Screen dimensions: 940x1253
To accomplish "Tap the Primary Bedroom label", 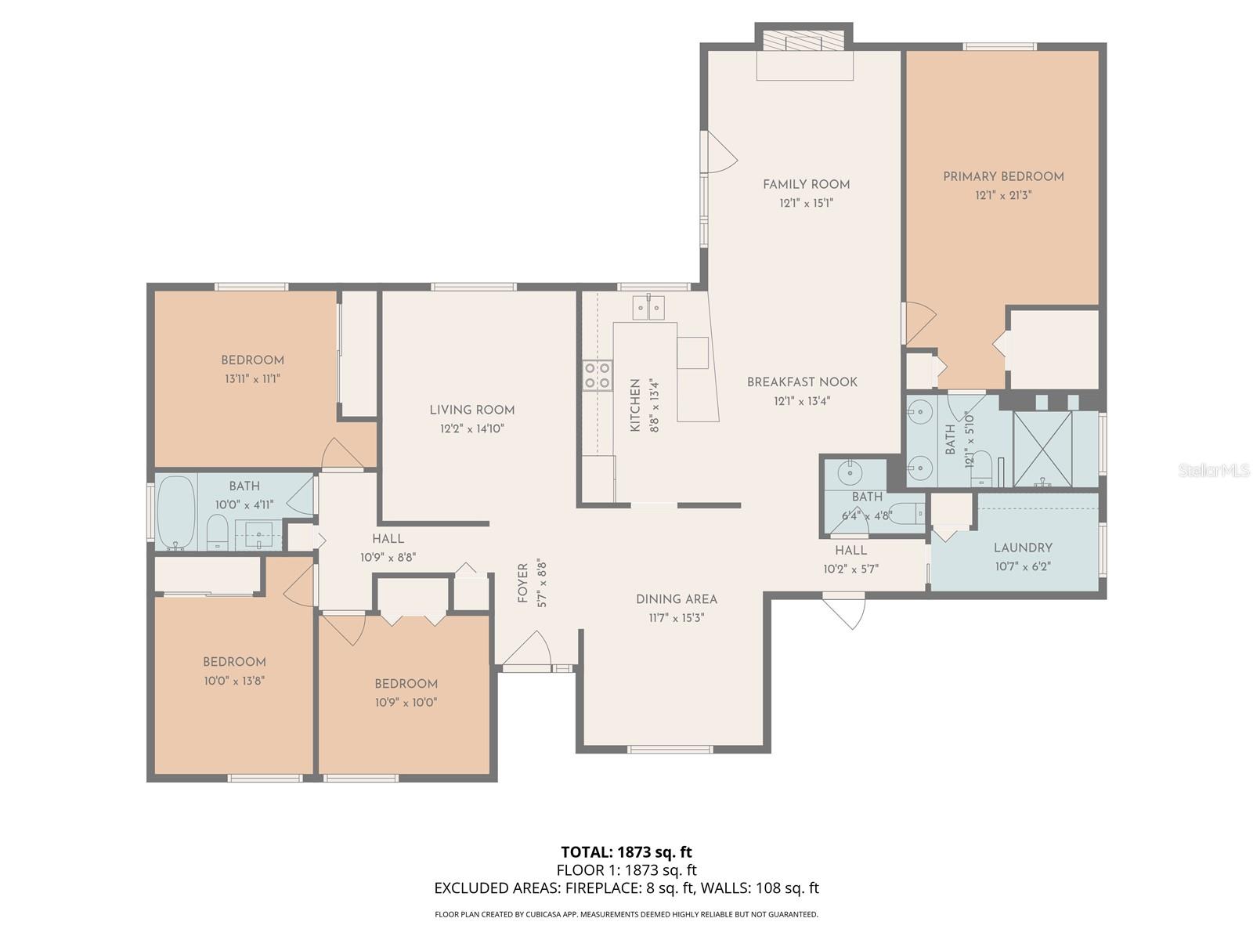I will pyautogui.click(x=1003, y=177).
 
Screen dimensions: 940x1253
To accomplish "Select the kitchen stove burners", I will pyautogui.click(x=597, y=375).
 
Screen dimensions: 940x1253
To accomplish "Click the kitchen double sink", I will pyautogui.click(x=649, y=307).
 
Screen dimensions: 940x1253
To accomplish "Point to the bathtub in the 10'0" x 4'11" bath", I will pyautogui.click(x=175, y=513).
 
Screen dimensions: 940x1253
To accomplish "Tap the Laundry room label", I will pyautogui.click(x=1023, y=548).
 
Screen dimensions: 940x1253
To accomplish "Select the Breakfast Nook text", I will pyautogui.click(x=802, y=382).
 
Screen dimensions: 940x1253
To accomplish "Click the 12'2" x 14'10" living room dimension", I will pyautogui.click(x=471, y=428).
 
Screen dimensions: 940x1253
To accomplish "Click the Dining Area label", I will pyautogui.click(x=676, y=599).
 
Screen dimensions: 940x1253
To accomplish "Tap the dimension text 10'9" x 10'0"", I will pyautogui.click(x=405, y=703).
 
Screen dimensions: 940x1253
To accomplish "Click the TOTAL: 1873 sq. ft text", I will pyautogui.click(x=626, y=851).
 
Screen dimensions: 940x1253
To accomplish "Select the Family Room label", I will pyautogui.click(x=806, y=185).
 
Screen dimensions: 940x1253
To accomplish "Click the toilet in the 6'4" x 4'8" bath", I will pyautogui.click(x=908, y=513).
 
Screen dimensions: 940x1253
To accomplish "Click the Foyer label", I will pyautogui.click(x=523, y=584).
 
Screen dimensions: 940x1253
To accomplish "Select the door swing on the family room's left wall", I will pyautogui.click(x=719, y=154).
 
